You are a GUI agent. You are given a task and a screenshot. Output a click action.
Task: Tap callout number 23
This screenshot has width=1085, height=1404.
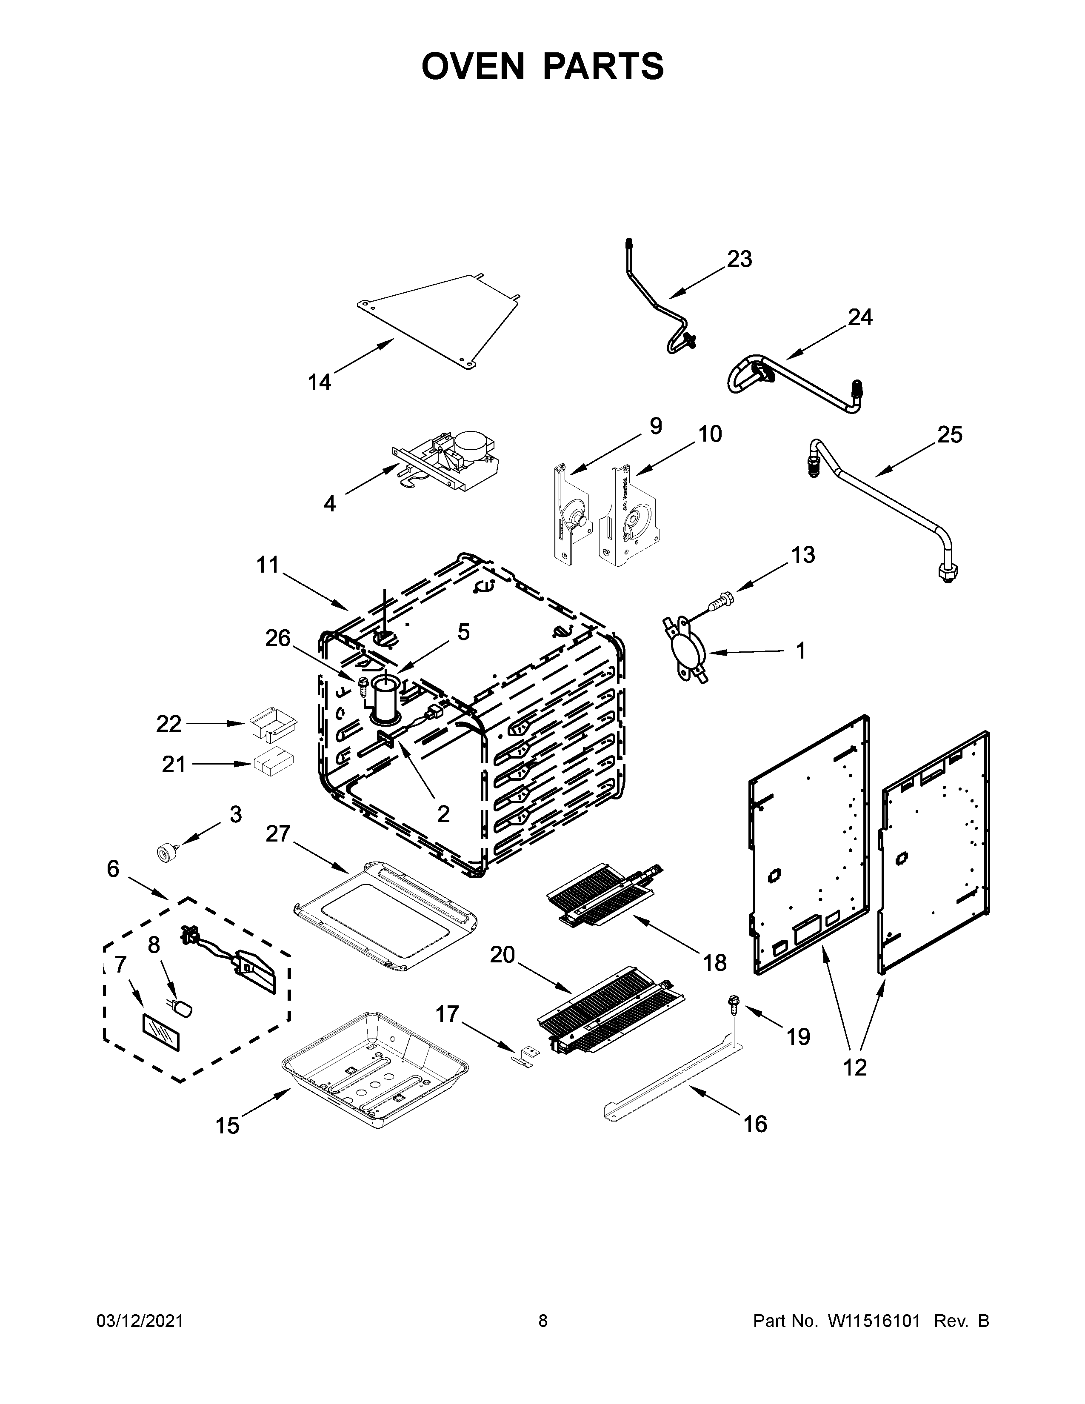739,259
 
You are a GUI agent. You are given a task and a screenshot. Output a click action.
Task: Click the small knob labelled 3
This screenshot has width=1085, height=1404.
166,853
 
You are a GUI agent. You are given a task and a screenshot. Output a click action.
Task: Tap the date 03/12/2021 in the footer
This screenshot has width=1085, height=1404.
140,1321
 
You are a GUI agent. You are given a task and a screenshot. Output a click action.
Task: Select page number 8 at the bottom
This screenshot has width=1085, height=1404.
542,1321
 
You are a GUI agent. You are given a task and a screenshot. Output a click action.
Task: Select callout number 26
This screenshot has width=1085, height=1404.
278,638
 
